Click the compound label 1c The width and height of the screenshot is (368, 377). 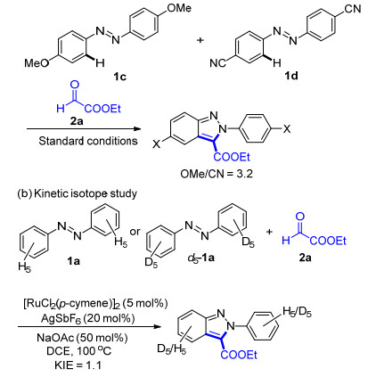(119, 77)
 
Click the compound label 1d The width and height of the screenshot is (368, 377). (291, 76)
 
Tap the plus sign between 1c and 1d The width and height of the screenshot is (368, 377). (200, 40)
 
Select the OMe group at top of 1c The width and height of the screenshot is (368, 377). (179, 8)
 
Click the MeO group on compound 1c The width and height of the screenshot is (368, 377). (37, 62)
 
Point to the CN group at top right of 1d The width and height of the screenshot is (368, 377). (353, 9)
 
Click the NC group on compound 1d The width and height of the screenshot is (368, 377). (218, 63)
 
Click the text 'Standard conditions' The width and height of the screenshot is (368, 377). (88, 141)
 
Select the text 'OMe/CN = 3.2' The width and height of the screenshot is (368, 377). (217, 174)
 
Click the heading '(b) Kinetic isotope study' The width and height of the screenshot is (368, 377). (78, 193)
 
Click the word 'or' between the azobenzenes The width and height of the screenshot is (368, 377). (135, 232)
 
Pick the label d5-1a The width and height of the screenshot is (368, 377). (201, 258)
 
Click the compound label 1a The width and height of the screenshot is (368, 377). (73, 261)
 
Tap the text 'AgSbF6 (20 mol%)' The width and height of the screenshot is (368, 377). (88, 318)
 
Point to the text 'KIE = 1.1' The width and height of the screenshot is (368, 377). (78, 365)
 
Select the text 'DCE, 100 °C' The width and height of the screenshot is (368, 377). (78, 351)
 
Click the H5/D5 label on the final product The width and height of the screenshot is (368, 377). (298, 312)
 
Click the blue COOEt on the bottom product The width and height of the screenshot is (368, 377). (239, 355)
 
